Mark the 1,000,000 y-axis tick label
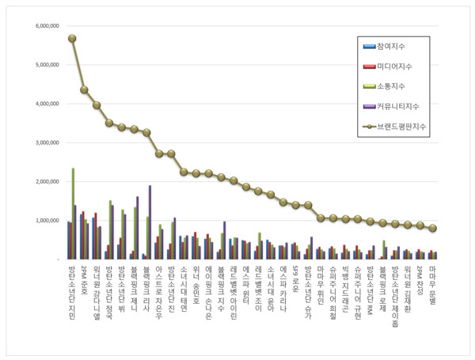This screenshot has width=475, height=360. point(47,220)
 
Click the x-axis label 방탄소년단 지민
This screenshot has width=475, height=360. point(72,292)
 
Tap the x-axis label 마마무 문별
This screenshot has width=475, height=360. point(432,286)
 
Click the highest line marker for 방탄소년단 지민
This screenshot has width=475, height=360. point(72,38)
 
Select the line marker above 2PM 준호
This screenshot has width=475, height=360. point(84,89)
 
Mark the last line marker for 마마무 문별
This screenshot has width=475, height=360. point(432,228)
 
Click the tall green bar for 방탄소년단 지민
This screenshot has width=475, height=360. point(73,214)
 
